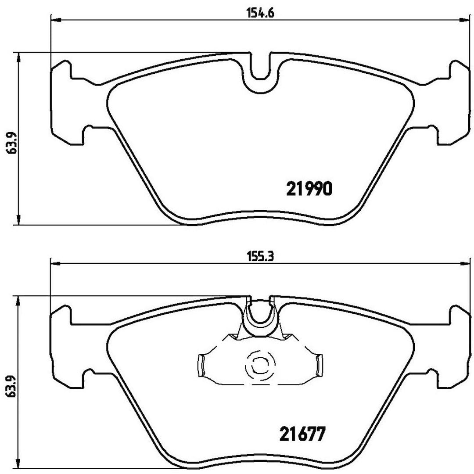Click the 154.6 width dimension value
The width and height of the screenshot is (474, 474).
click(260, 14)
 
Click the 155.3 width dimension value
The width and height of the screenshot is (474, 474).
click(260, 257)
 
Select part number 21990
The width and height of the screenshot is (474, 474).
click(309, 189)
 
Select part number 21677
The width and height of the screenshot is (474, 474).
click(302, 434)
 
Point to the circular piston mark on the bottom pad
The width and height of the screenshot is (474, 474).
click(259, 365)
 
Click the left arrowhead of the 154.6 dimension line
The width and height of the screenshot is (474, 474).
click(56, 20)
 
